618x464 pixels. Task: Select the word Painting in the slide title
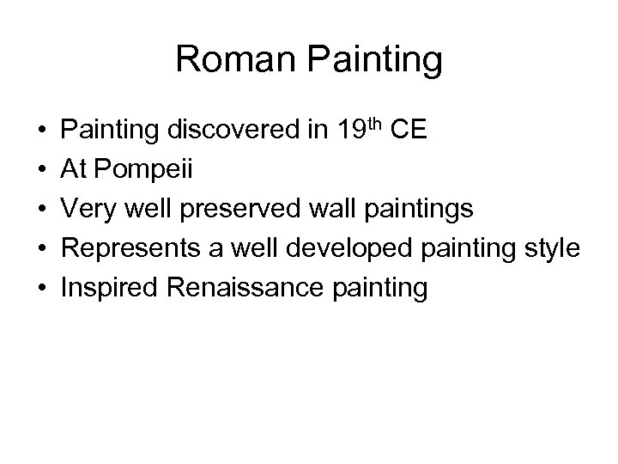(375, 61)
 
